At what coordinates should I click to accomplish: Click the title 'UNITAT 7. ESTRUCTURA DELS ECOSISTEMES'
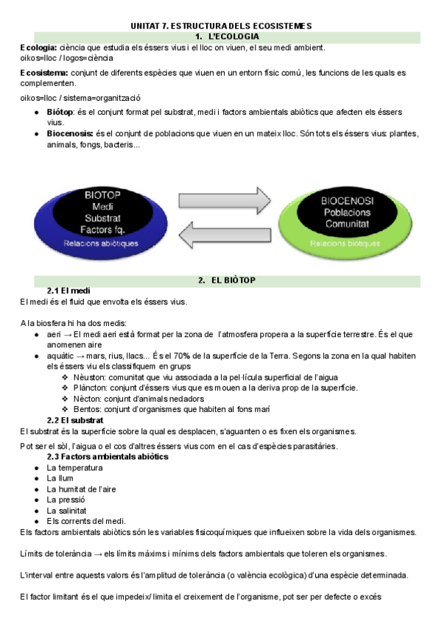[221, 26]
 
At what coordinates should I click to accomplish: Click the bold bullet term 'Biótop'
[60, 112]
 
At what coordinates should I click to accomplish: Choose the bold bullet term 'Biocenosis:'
[71, 134]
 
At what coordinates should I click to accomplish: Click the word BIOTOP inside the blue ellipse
[102, 195]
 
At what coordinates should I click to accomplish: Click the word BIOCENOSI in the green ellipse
[347, 200]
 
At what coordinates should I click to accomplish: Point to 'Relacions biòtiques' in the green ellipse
[345, 243]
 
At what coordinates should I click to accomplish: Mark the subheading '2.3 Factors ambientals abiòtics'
[108, 456]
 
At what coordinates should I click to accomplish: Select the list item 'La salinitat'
[67, 510]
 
